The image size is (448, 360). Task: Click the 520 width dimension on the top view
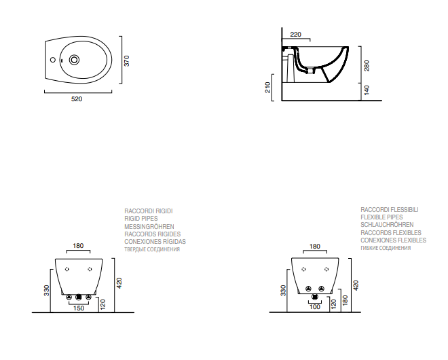77,99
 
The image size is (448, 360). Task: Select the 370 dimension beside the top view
126,61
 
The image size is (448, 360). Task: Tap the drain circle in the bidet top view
74,60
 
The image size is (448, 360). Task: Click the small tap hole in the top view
52,60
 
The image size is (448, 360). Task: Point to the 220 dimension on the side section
296,35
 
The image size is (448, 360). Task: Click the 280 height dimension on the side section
367,66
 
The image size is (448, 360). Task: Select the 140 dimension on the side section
367,90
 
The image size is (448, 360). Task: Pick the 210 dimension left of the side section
267,88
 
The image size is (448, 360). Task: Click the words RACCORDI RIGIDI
149,211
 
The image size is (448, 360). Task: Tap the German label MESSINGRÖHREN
149,226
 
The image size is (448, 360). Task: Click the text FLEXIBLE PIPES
381,217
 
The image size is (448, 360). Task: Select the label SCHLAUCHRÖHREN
387,225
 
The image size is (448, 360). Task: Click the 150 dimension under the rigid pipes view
79,308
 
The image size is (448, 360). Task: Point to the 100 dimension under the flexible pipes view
315,307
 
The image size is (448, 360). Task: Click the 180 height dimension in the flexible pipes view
345,300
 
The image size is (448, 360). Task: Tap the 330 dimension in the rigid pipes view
47,291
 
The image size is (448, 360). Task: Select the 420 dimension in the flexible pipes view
356,286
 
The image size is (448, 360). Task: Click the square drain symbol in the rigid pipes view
78,298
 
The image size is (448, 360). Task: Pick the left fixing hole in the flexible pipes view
303,269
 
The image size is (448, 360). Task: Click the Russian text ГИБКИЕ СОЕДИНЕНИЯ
386,248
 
